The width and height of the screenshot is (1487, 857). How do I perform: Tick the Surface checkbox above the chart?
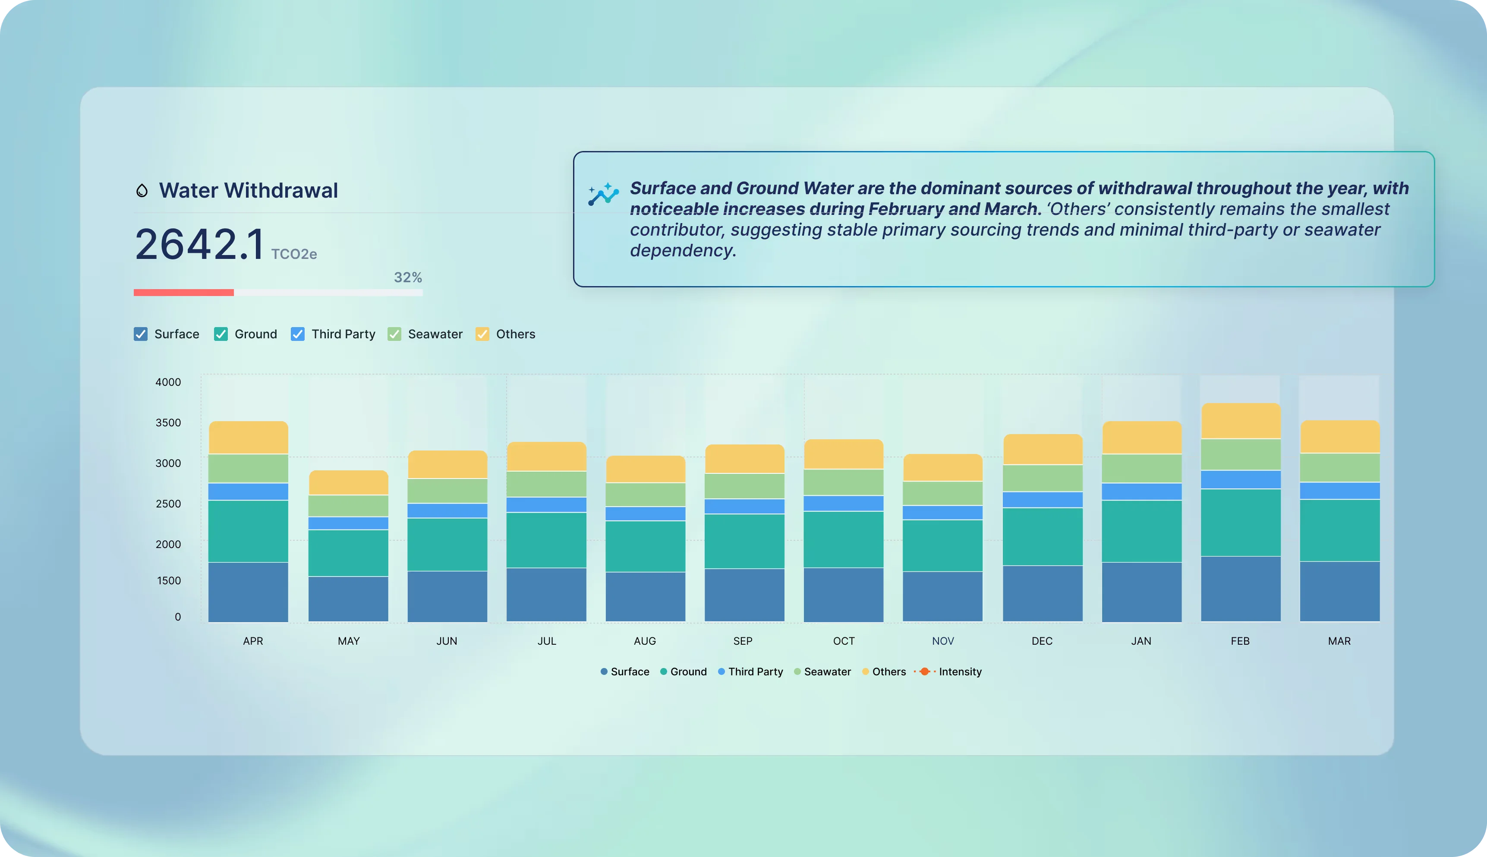[141, 334]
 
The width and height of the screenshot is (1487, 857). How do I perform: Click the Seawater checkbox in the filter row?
[394, 334]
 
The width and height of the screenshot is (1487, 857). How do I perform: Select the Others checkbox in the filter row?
[482, 334]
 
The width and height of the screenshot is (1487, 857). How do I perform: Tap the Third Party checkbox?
[298, 334]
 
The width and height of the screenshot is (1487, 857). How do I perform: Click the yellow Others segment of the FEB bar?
[1241, 421]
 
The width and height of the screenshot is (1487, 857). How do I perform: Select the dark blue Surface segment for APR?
[248, 592]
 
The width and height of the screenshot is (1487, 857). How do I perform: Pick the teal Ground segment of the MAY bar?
[348, 553]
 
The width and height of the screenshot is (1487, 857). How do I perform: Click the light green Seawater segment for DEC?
[1042, 478]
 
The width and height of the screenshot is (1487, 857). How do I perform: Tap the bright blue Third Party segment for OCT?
[843, 503]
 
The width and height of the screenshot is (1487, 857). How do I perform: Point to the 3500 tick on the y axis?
[168, 422]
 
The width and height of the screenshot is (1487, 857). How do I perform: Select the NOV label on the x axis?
[943, 641]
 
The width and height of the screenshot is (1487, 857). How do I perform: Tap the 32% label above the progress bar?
[408, 277]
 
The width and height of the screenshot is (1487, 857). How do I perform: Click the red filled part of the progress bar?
[183, 293]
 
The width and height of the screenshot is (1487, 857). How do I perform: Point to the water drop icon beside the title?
[142, 190]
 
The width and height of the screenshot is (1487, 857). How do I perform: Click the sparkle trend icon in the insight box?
[603, 194]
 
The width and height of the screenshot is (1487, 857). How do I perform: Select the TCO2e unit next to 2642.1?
[293, 254]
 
